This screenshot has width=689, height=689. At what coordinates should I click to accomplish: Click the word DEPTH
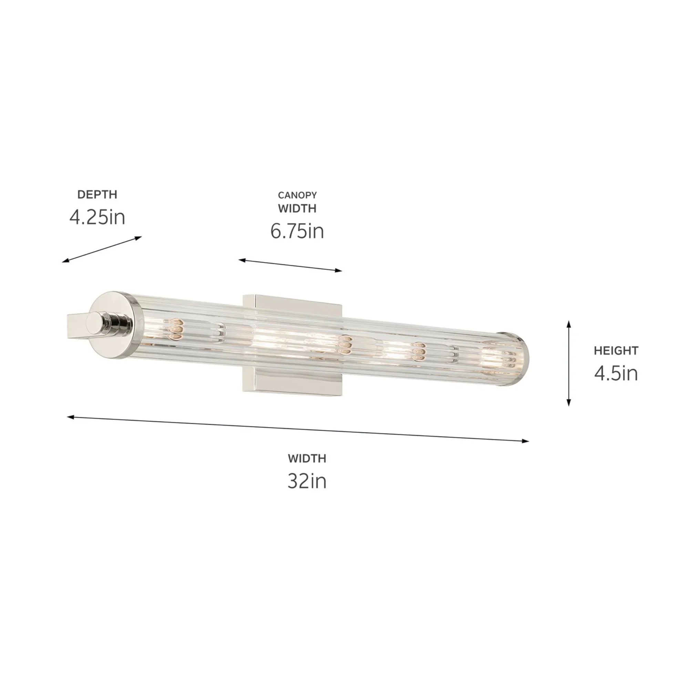point(97,194)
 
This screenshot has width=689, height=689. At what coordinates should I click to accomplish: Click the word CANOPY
point(297,195)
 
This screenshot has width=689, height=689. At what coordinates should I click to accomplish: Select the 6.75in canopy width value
point(297,231)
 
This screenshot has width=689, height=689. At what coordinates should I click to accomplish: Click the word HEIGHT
point(616,351)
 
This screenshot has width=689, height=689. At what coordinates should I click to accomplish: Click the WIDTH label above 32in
point(307,458)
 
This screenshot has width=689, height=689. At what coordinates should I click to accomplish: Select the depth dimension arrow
point(102,249)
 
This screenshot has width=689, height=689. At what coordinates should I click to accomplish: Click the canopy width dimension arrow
point(290,265)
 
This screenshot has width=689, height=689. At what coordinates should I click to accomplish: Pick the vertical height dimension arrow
point(569,363)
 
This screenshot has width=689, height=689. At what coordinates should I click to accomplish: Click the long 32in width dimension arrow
point(298,429)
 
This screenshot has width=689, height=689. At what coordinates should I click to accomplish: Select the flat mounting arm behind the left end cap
point(77,325)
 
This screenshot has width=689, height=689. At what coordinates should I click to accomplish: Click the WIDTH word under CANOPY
point(297,208)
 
